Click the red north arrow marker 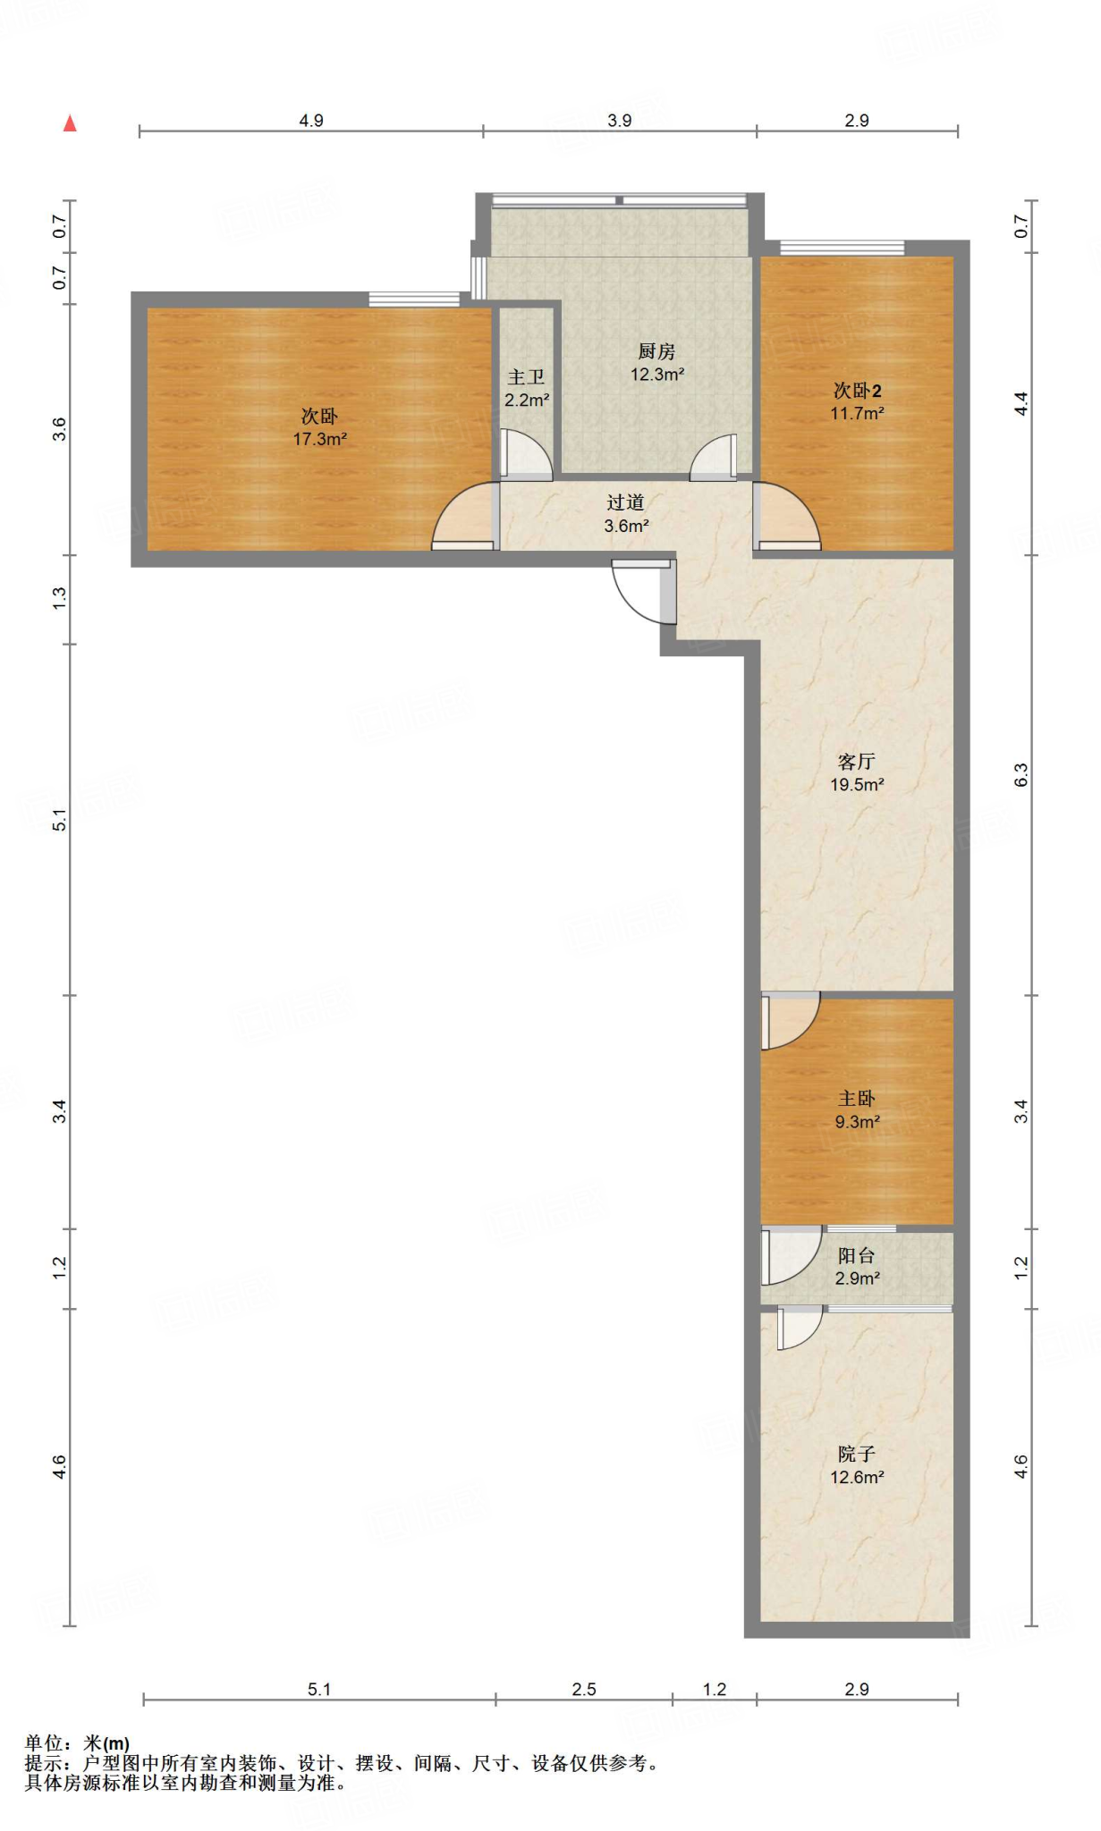pos(70,123)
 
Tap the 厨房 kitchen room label pos(656,351)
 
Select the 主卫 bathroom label pos(526,377)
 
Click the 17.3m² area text pos(319,439)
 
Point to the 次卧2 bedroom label pos(857,391)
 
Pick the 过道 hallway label pos(625,502)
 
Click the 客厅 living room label pos(856,762)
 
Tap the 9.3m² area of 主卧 pos(857,1121)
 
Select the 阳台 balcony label pos(856,1255)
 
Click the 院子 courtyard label pos(856,1454)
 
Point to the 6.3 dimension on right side pos(1021,775)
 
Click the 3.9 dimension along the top pos(619,121)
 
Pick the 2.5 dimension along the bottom pos(584,1689)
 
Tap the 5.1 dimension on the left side pos(59,820)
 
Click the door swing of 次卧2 pos(786,516)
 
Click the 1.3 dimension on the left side pos(59,598)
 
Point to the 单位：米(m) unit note pos(78,1742)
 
